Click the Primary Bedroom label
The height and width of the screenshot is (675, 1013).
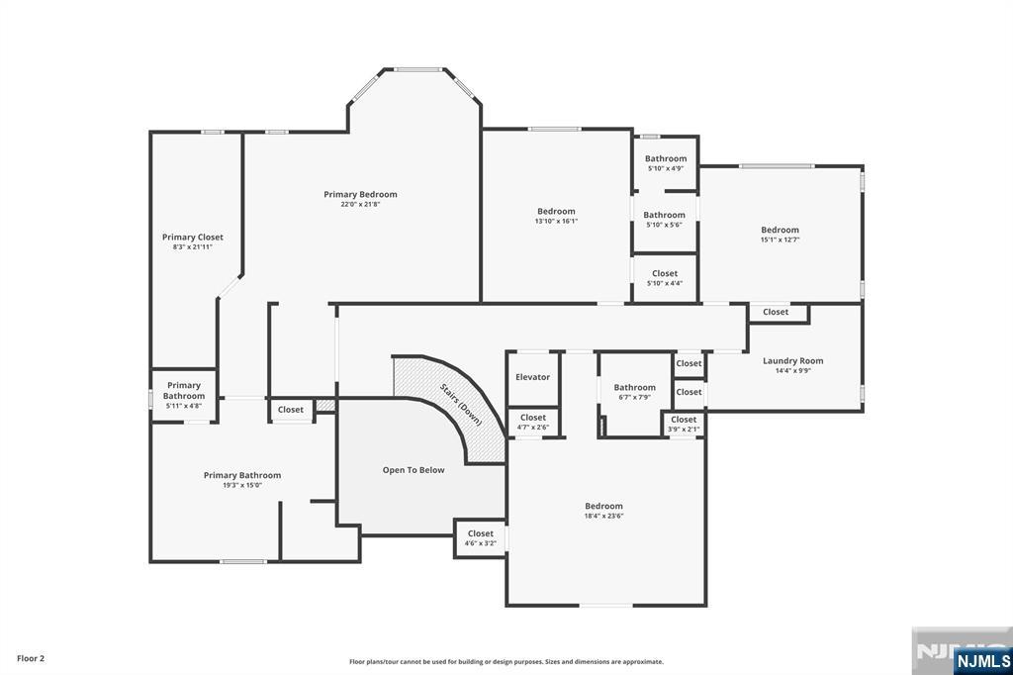(x=360, y=195)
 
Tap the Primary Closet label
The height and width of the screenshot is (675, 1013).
(x=193, y=238)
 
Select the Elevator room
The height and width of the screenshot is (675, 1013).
(x=532, y=377)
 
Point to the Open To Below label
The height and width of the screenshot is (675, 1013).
(x=414, y=470)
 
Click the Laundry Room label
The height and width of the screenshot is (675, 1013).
(x=792, y=361)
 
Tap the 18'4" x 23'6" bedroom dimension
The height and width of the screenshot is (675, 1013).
(x=603, y=516)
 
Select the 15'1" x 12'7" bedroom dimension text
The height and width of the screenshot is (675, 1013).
(x=780, y=240)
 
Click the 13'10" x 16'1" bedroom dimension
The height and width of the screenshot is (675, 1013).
(x=556, y=221)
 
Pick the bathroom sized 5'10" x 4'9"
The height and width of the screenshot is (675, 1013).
(x=666, y=163)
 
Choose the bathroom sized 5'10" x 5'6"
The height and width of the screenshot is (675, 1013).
(x=664, y=220)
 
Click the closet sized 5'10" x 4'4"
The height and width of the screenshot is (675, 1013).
(x=665, y=278)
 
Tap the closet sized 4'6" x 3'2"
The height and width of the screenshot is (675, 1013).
(x=481, y=538)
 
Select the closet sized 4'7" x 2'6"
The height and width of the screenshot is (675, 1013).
(x=533, y=422)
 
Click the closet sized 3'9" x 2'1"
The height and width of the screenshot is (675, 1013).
(x=684, y=424)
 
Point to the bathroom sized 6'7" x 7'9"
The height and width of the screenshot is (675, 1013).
(x=634, y=392)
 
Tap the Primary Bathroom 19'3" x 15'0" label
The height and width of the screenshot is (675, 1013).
(x=242, y=480)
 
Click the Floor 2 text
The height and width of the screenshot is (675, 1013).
(x=31, y=658)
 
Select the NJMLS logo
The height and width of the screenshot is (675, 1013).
(x=982, y=660)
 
